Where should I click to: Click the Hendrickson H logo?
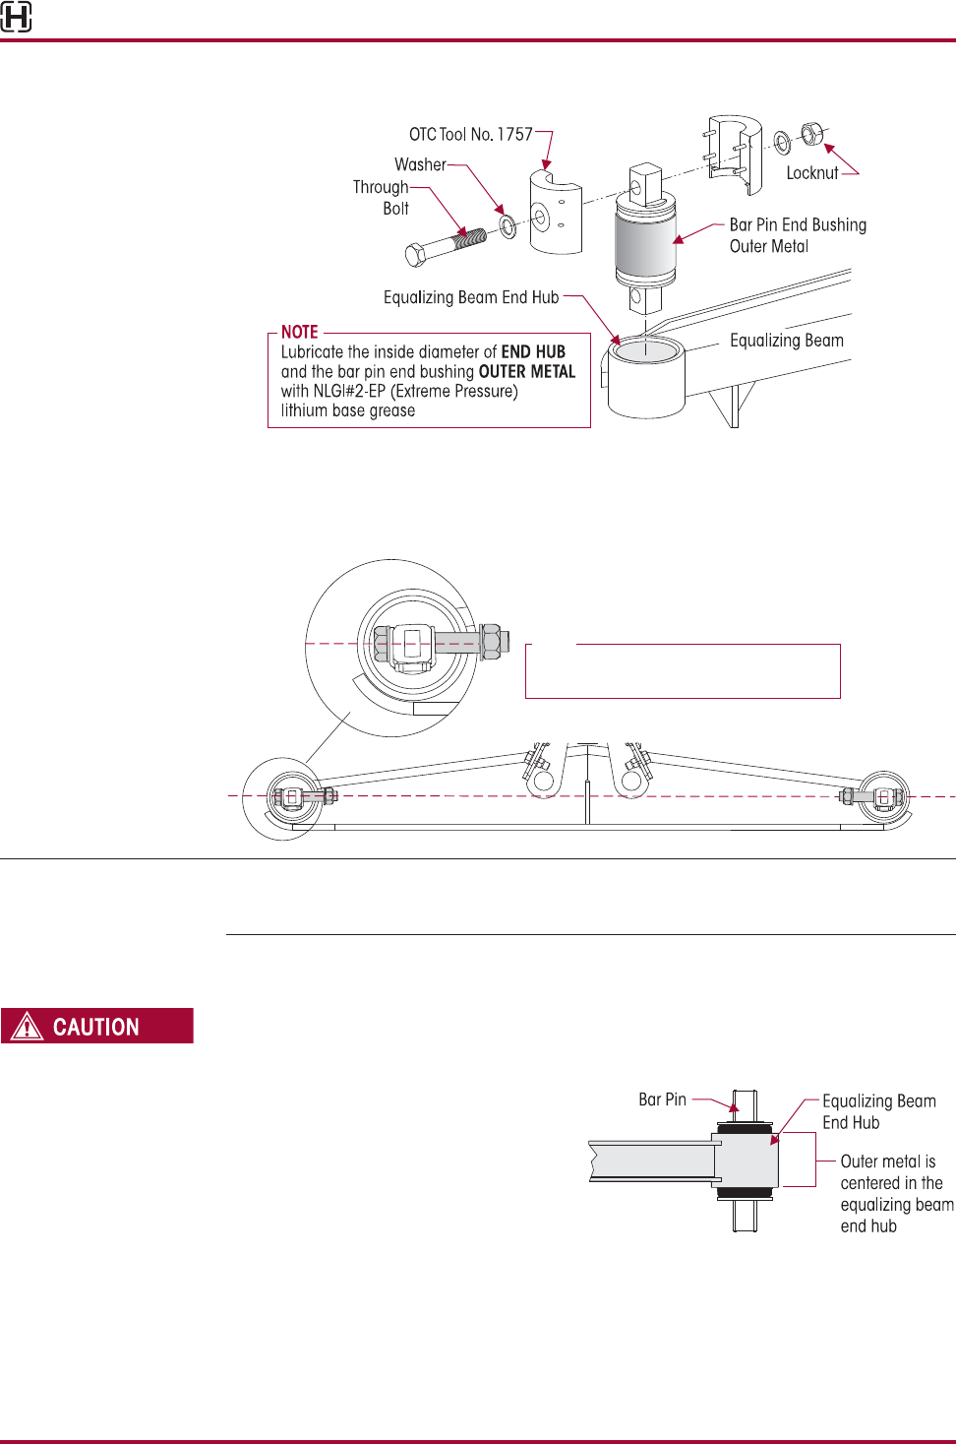16,17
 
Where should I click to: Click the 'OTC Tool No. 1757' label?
470,134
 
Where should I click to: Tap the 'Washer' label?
420,164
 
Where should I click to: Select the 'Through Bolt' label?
382,197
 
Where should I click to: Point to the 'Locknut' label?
811,173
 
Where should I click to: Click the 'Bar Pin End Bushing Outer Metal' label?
797,235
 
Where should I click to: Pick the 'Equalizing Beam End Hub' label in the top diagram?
470,297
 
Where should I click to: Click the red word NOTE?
299,333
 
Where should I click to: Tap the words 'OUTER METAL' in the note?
526,372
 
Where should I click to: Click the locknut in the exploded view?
811,133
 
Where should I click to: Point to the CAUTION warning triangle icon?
27,1027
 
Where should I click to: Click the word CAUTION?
95,1027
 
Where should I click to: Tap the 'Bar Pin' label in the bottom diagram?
662,1099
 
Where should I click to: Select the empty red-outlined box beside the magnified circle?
683,671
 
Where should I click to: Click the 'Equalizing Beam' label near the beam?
786,341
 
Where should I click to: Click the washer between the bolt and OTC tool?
508,227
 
